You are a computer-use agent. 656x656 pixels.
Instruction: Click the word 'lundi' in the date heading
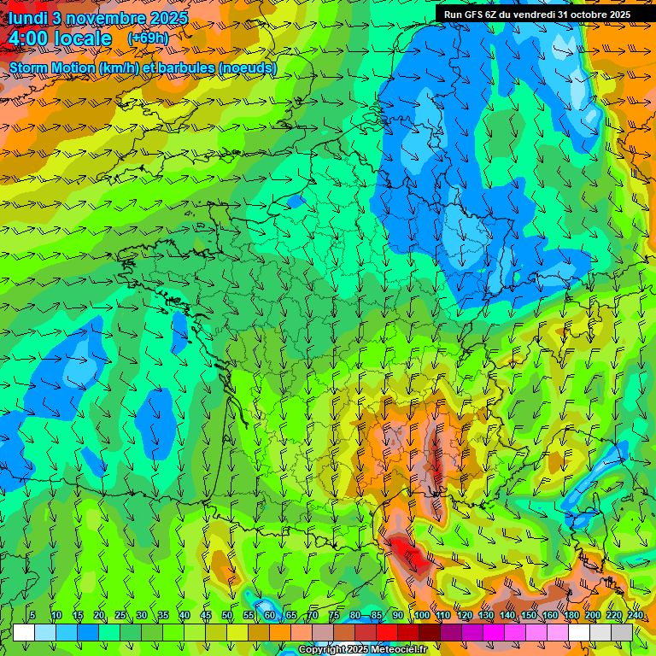27,17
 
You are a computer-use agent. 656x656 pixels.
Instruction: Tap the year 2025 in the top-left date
170,17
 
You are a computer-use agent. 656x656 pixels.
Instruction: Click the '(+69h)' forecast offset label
148,38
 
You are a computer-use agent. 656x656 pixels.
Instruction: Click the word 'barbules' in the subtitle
190,68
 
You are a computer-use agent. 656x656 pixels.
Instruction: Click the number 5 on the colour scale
32,616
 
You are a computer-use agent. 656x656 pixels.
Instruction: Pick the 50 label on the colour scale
227,616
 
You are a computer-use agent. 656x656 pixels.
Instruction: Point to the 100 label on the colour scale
422,616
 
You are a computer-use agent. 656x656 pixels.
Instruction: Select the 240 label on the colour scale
635,616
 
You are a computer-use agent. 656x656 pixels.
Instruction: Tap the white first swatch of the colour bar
24,632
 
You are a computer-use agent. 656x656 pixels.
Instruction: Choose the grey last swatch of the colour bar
622,632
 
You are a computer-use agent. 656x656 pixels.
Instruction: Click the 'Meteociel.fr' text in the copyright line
398,650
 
